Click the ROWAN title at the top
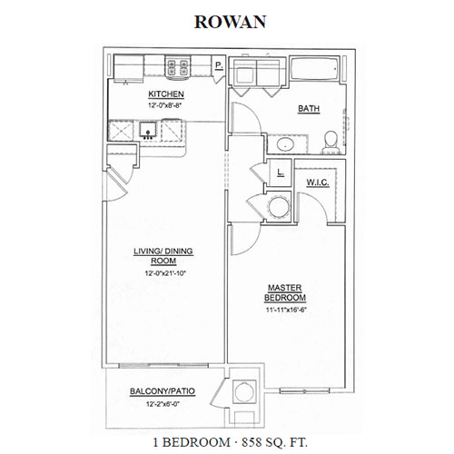[230, 22]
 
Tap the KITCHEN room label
[166, 94]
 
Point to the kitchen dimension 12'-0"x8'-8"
[166, 105]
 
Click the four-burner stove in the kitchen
[178, 67]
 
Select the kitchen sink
[148, 130]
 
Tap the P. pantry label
[219, 65]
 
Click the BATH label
[309, 108]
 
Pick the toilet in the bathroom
[331, 143]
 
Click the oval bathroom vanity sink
[286, 144]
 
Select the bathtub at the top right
[315, 69]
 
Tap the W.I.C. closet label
[318, 183]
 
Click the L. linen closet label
[281, 173]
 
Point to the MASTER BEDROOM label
[285, 292]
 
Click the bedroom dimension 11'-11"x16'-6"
[284, 310]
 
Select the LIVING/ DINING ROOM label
[163, 256]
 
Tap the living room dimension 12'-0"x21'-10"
[165, 273]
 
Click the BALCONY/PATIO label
[163, 391]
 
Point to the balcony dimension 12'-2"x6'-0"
[163, 404]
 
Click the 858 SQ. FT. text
[274, 442]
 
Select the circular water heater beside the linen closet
[279, 207]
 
